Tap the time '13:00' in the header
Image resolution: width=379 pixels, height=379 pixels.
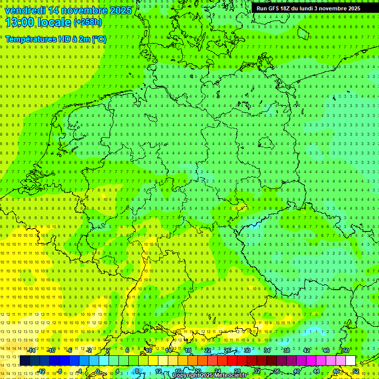coord(19,22)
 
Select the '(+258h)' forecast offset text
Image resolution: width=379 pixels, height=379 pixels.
coord(88,22)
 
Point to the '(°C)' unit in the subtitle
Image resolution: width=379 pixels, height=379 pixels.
coord(98,39)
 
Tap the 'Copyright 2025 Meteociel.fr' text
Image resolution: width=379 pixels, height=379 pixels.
coord(210,376)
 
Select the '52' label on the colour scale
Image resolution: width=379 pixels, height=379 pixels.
coord(356,371)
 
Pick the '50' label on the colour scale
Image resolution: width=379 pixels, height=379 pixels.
coord(346,350)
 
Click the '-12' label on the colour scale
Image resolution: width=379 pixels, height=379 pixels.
coord(41,371)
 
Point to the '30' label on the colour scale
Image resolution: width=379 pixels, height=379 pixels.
coord(247,350)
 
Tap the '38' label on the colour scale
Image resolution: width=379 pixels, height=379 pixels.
coord(287,350)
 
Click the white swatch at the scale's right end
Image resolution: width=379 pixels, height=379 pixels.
coord(350,361)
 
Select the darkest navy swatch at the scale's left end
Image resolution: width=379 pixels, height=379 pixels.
coord(25,361)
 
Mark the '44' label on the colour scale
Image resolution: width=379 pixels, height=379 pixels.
coord(316,371)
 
